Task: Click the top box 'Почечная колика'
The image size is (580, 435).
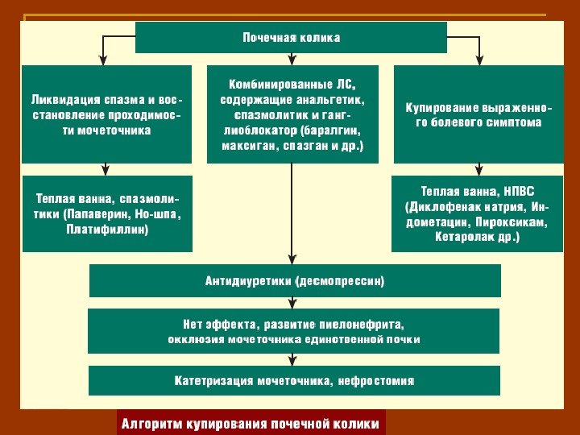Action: pyautogui.click(x=291, y=38)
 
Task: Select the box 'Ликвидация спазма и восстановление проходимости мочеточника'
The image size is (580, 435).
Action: pyautogui.click(x=106, y=114)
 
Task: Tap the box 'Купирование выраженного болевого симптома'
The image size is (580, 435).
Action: pyautogui.click(x=478, y=114)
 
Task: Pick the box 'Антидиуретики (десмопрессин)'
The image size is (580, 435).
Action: pyautogui.click(x=295, y=281)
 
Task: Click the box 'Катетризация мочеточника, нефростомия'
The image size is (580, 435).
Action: pyautogui.click(x=295, y=380)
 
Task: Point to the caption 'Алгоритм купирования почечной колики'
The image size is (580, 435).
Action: pyautogui.click(x=249, y=423)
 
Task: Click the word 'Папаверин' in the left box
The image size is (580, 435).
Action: pyautogui.click(x=110, y=214)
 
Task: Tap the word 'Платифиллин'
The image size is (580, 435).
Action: pyautogui.click(x=107, y=230)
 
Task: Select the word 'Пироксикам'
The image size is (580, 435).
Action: pyautogui.click(x=510, y=222)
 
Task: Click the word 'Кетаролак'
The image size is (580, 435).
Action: pyautogui.click(x=463, y=237)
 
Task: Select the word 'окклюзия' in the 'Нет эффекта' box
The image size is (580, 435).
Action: pyautogui.click(x=193, y=339)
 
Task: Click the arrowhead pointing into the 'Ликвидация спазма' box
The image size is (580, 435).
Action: pyautogui.click(x=103, y=60)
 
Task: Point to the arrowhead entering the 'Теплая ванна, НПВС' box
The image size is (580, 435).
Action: pyautogui.click(x=479, y=171)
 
